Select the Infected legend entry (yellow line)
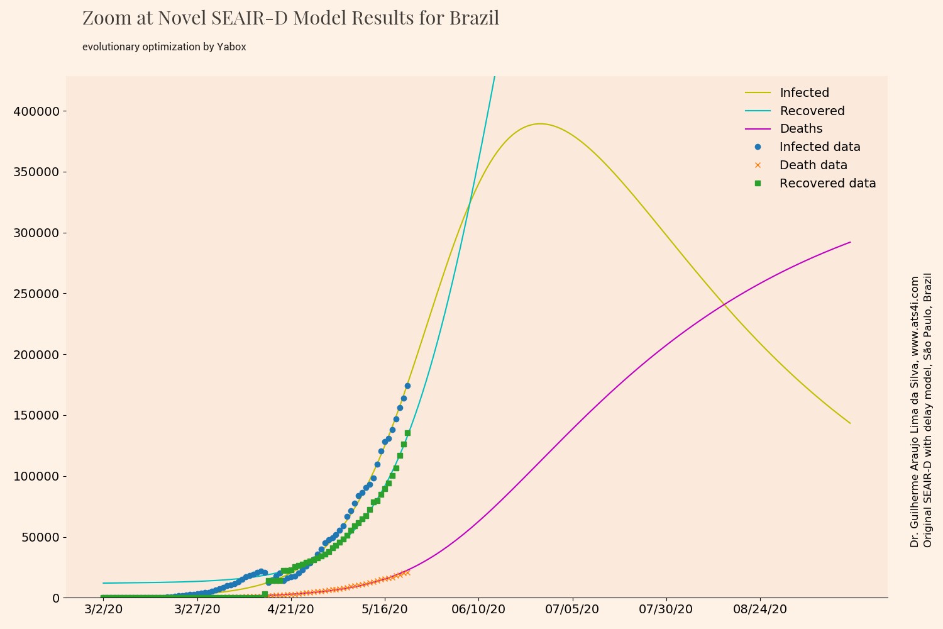pos(804,93)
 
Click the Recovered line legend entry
pos(812,111)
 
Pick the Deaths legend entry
pos(801,129)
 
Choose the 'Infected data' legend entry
pos(819,147)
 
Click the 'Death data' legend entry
pos(813,165)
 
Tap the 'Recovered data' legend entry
pos(827,184)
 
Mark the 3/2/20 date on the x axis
pos(103,610)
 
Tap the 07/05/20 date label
pos(572,610)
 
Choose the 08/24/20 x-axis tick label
pos(760,610)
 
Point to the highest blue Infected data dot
pos(407,386)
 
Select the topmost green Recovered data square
pos(407,433)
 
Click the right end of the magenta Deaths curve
pos(850,242)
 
